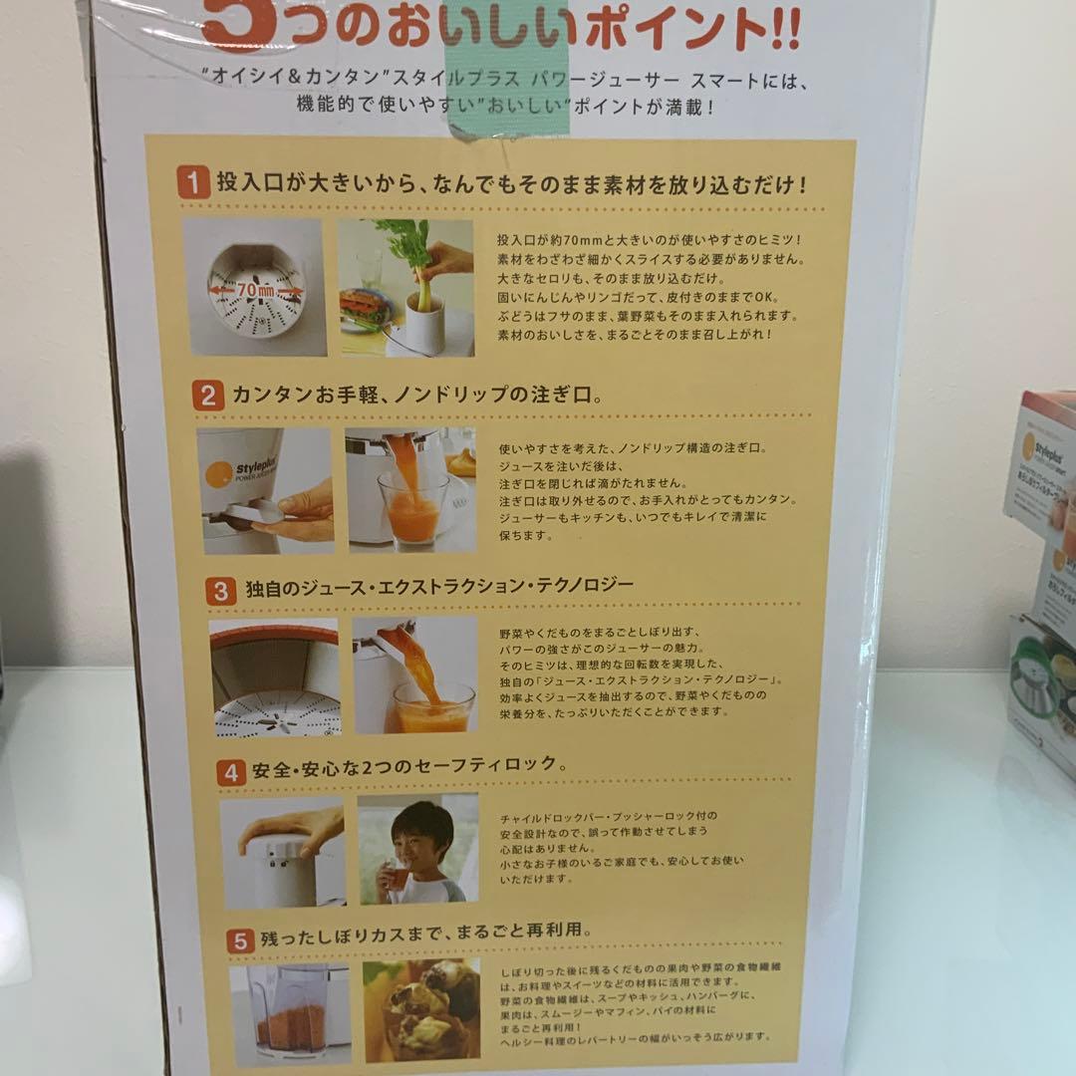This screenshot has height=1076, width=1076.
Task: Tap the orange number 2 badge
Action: tap(207, 396)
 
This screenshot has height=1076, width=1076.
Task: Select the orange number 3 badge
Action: tap(220, 589)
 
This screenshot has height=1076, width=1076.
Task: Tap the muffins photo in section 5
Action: tap(421, 1008)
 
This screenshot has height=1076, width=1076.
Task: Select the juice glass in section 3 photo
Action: tap(433, 705)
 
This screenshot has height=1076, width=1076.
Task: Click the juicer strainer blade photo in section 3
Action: tap(274, 677)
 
